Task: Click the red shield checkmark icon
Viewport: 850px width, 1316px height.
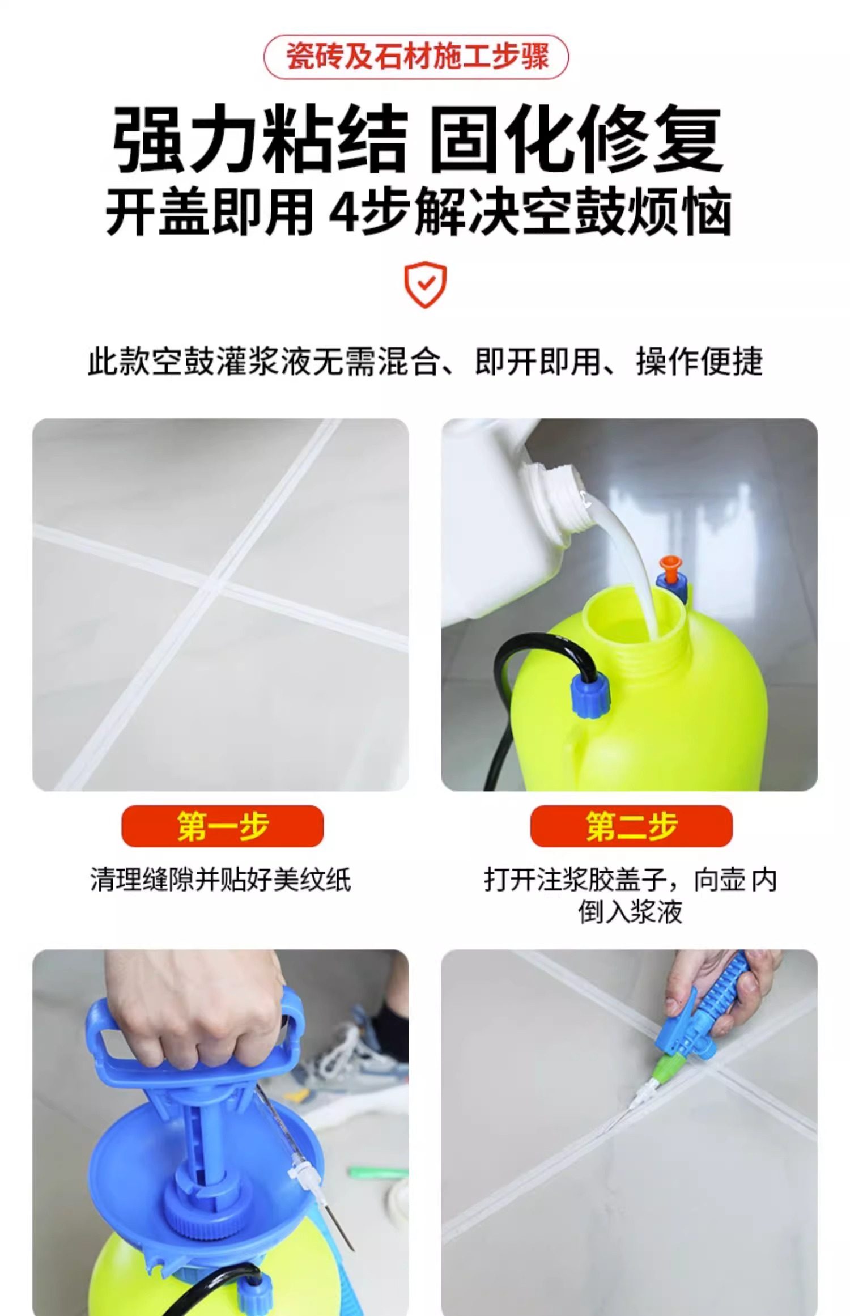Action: [x=425, y=285]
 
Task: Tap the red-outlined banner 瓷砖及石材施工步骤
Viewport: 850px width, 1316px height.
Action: [x=416, y=57]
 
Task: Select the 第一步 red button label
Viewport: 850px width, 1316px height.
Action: [x=223, y=826]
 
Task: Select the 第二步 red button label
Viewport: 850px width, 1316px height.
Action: [x=631, y=826]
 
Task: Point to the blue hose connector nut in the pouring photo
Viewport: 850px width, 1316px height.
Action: [x=590, y=697]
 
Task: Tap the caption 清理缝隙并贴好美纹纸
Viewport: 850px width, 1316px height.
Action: [x=220, y=880]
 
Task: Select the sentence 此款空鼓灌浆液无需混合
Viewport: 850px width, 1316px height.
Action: [x=264, y=361]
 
